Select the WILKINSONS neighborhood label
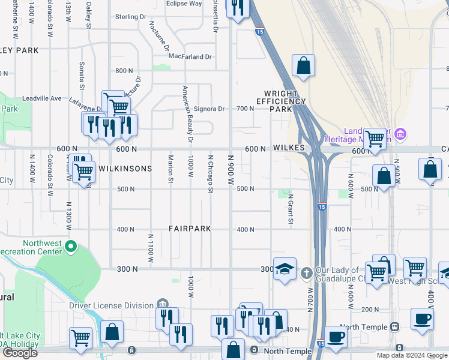[x=125, y=169]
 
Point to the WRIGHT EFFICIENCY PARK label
[x=285, y=101]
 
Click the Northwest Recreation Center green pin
[x=71, y=246]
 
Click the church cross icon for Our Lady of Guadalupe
[x=306, y=274]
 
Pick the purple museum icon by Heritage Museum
[x=402, y=133]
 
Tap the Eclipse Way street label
[x=184, y=4]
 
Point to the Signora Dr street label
[x=209, y=109]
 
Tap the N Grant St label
[x=289, y=209]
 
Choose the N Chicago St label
[x=210, y=174]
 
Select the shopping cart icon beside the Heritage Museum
[x=375, y=139]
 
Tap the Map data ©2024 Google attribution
[x=412, y=355]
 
